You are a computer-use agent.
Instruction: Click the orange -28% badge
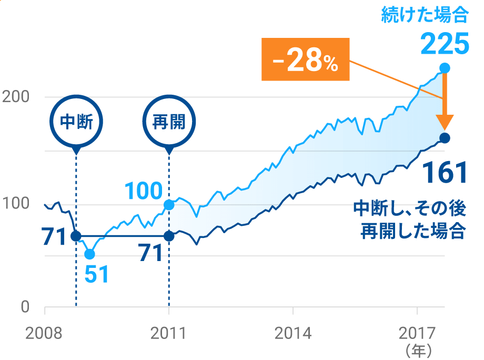point(305,59)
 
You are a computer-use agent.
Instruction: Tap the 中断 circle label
point(76,122)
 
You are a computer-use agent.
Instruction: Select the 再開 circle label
point(169,122)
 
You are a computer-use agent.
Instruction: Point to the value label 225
point(445,44)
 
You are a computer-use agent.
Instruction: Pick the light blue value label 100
point(143,192)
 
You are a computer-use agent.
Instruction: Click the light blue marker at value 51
point(89,254)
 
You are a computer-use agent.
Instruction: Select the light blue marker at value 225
point(445,68)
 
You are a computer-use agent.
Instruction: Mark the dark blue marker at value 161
point(445,138)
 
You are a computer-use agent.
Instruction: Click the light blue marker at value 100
point(169,205)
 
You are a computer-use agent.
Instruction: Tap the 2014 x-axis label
point(292,334)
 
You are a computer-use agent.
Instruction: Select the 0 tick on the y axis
point(25,306)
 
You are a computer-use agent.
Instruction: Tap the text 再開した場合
point(413,231)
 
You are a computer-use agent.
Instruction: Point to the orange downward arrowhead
point(445,122)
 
